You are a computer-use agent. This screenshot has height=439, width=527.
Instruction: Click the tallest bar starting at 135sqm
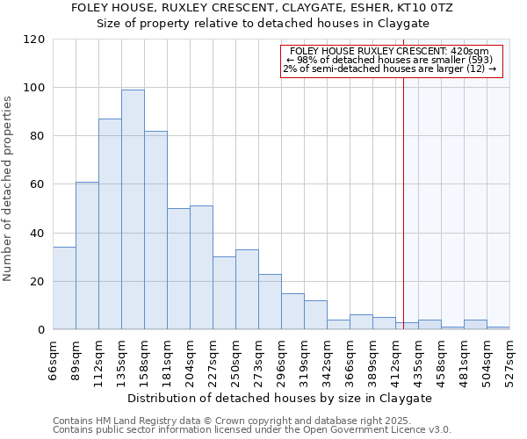[133, 210]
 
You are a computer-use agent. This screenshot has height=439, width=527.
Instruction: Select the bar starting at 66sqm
[64, 289]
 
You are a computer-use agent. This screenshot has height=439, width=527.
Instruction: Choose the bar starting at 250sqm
[247, 290]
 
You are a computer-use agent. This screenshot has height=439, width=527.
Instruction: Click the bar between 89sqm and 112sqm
[87, 255]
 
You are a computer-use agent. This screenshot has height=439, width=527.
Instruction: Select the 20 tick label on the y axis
[37, 282]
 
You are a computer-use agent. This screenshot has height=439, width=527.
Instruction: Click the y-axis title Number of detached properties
[8, 190]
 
